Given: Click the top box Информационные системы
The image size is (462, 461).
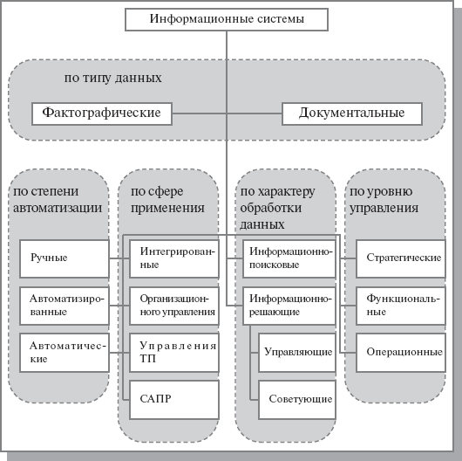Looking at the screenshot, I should point(228,18).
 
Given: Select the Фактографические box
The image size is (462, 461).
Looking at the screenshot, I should point(100,114).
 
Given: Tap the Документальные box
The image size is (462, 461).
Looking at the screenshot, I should point(351,114).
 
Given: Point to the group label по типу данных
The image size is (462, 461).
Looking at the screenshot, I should point(113,78).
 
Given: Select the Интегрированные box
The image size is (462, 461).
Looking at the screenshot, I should point(173,257).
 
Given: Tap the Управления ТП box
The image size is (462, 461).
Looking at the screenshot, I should point(173,351).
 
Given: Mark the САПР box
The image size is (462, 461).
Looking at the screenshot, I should point(173,398).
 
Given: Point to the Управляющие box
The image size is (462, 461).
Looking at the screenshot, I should point(296,351).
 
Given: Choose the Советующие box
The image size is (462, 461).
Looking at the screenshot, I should point(296,398).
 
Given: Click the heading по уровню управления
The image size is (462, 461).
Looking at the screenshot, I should point(383,199).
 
